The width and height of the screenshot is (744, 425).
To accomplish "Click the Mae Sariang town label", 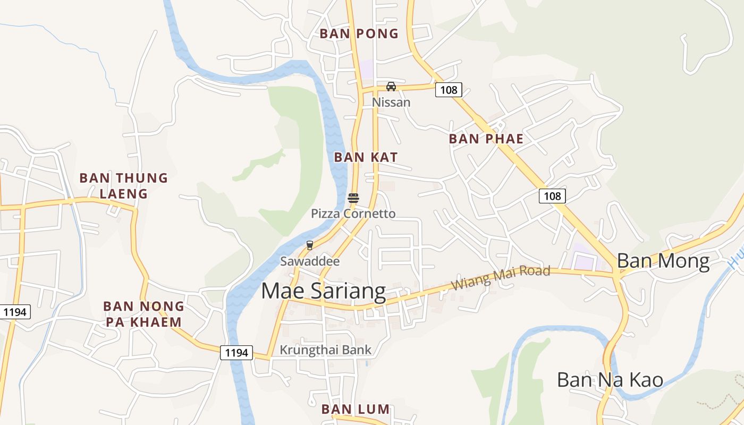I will click(x=323, y=292).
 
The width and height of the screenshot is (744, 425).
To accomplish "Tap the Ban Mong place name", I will click(x=663, y=261).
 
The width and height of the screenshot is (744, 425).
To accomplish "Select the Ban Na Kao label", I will click(x=610, y=380).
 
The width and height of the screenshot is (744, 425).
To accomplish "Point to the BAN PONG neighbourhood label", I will click(x=359, y=33).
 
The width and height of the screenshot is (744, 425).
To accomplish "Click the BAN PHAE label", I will click(x=486, y=139).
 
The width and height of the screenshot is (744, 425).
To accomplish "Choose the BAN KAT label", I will click(x=366, y=157).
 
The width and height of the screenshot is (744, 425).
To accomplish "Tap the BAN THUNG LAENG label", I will click(x=123, y=185).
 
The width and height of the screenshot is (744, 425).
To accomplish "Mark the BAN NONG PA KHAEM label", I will click(x=143, y=314).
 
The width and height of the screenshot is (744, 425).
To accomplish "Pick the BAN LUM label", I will click(x=356, y=410).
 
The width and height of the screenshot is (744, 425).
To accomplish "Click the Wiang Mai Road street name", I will click(x=500, y=278).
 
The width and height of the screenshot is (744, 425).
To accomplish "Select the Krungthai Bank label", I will click(x=325, y=350).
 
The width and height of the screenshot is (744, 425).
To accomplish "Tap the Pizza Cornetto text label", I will click(x=353, y=214).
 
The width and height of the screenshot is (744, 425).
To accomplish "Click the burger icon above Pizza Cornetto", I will click(x=353, y=198).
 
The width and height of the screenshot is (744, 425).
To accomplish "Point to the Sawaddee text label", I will click(x=309, y=261).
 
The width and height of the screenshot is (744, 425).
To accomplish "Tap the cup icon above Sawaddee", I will click(x=309, y=245).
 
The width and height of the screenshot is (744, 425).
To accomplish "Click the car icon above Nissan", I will click(x=391, y=86).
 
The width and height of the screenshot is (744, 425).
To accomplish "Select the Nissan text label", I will click(x=391, y=102).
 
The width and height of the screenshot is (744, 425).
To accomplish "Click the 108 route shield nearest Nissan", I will click(x=449, y=90).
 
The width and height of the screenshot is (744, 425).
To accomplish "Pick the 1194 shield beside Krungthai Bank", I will click(x=236, y=353).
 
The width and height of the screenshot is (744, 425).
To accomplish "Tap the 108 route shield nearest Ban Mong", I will click(x=552, y=196).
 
